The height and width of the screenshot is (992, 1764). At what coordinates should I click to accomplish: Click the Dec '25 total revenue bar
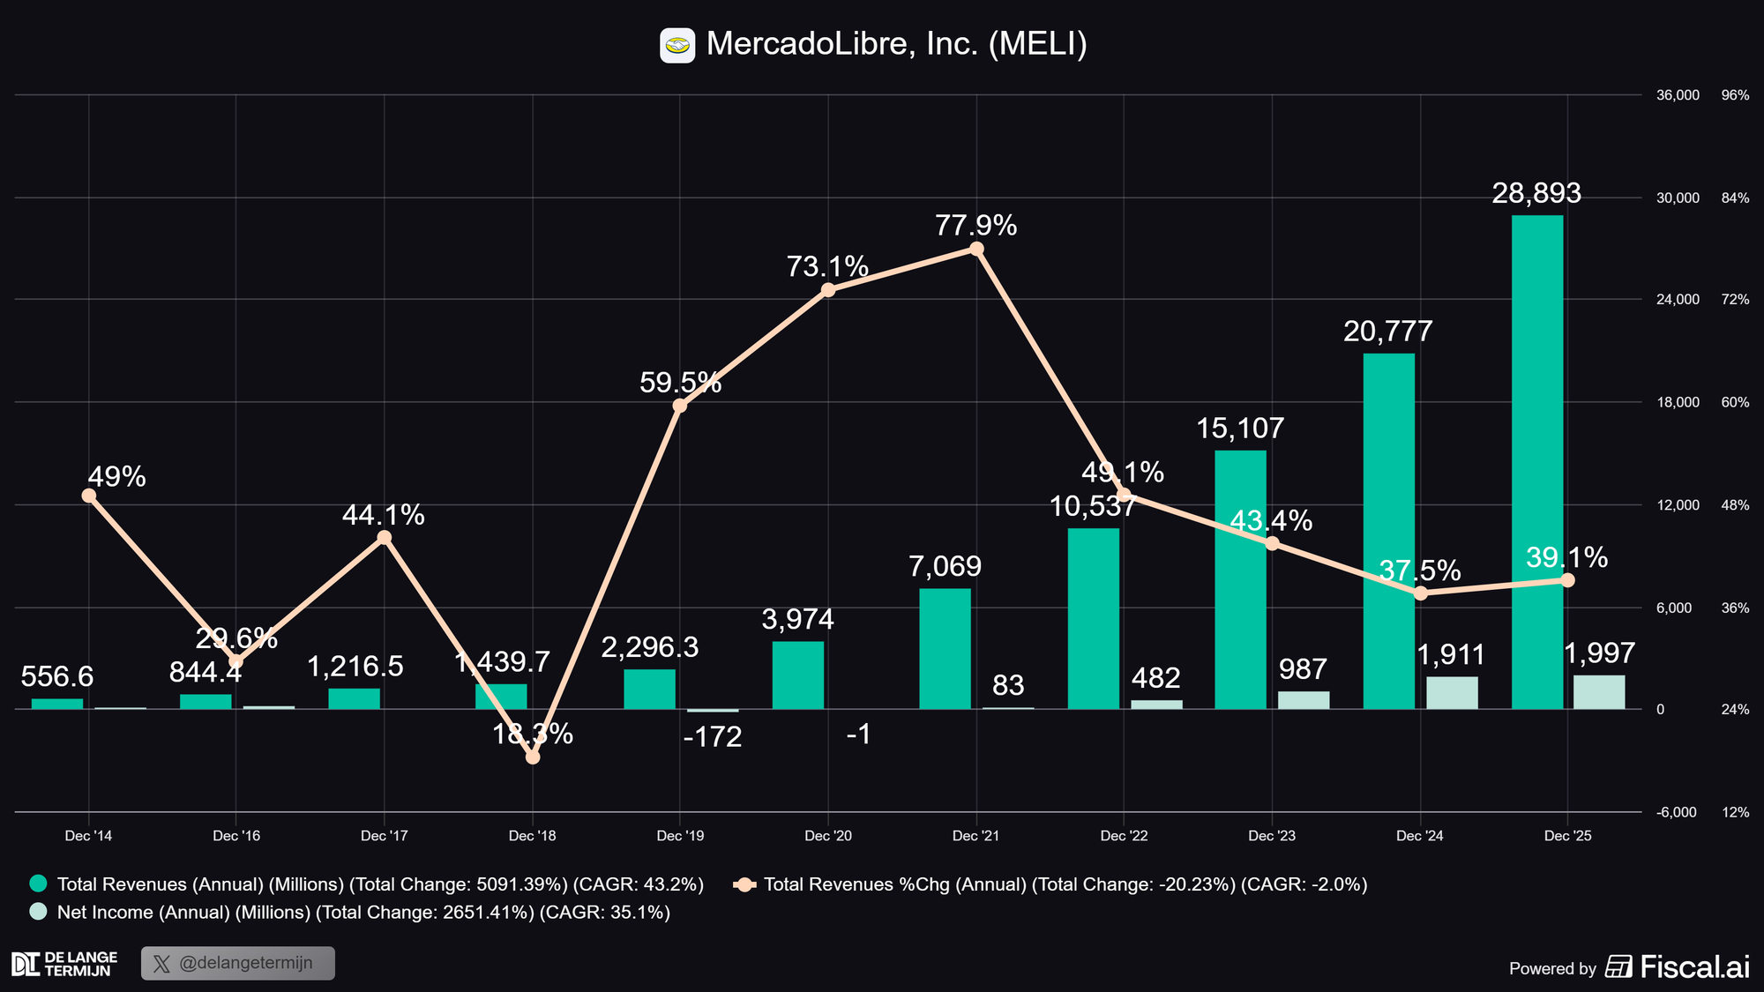coord(1536,462)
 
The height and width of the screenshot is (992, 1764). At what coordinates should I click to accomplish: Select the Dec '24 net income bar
coord(1452,693)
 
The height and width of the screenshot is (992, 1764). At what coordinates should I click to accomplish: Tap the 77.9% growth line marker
coord(976,249)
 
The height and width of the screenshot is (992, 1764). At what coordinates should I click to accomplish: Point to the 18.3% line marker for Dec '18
coord(532,757)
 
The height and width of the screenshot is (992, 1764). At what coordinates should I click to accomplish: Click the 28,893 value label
coord(1536,193)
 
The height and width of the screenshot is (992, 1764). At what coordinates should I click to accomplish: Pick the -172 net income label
coord(713,737)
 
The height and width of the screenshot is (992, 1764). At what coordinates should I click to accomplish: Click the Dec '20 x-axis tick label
coord(828,836)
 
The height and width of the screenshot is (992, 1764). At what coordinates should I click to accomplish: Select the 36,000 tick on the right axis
coord(1678,95)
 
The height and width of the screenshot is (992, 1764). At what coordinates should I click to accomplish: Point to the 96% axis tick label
coord(1735,95)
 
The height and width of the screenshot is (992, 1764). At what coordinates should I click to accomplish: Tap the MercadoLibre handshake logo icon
coord(677,45)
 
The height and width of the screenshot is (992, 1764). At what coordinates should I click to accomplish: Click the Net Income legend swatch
coord(38,912)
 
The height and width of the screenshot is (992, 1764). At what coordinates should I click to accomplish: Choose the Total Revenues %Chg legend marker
coord(745,884)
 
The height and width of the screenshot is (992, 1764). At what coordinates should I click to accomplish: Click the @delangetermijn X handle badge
coord(238,963)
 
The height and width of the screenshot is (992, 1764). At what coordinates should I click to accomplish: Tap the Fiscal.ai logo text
coord(1693,967)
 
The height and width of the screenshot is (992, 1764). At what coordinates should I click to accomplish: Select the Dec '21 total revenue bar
coord(945,649)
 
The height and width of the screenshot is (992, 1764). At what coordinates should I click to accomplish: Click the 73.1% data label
coord(827,266)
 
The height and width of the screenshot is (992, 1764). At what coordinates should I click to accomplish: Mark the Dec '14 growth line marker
coord(89,496)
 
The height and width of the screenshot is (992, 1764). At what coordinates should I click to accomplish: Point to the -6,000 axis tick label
coord(1677,812)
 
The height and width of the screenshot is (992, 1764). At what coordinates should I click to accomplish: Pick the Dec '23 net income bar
coord(1304,700)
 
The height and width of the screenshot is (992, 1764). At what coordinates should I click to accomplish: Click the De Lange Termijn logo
coord(64,964)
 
